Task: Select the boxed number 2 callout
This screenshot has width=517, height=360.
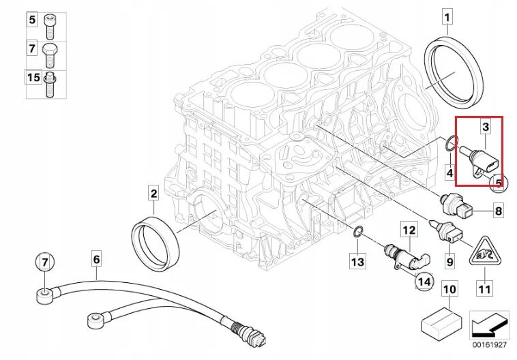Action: click(x=153, y=194)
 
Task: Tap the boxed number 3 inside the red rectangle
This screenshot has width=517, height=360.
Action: click(x=486, y=127)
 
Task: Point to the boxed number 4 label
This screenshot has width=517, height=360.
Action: click(x=450, y=173)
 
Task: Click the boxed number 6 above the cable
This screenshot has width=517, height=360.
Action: click(x=96, y=259)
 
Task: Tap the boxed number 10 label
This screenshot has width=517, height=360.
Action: click(x=449, y=289)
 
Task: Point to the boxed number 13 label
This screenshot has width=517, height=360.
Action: click(x=358, y=260)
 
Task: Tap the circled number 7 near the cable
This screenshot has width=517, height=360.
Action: click(x=42, y=262)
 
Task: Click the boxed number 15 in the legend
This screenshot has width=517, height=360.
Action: click(x=33, y=78)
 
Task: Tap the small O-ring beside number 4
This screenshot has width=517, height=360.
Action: click(x=449, y=145)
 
